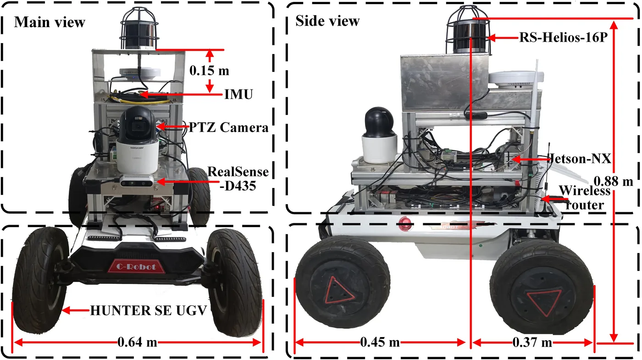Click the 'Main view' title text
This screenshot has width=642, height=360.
click(50, 22)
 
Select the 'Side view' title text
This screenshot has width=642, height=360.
click(327, 21)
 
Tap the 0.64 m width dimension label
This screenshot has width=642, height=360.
click(137, 342)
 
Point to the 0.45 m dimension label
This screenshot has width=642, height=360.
click(380, 342)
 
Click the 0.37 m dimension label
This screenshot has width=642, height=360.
click(532, 342)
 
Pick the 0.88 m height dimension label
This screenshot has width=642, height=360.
click(613, 181)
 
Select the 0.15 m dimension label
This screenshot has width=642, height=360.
click(210, 71)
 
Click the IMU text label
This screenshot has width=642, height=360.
click(238, 94)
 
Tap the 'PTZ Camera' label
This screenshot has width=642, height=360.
click(228, 127)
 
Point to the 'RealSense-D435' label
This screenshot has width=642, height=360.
click(238, 179)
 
